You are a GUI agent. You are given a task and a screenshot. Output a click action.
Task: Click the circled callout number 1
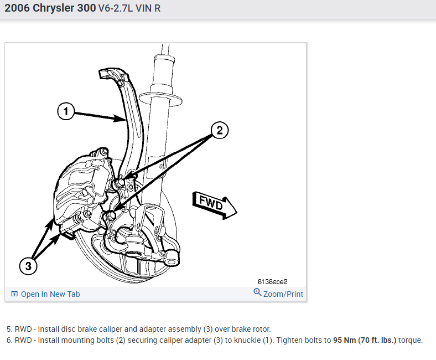(66, 112)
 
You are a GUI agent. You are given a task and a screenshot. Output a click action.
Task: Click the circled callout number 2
(219, 131)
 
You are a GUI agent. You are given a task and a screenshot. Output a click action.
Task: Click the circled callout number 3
(29, 266)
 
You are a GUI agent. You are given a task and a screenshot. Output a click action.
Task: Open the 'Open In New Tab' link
(50, 294)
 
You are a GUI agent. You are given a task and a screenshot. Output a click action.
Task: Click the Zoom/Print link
(283, 294)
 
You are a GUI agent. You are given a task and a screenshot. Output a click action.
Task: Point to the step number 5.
(9, 329)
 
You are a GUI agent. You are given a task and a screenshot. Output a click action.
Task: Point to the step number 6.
(9, 340)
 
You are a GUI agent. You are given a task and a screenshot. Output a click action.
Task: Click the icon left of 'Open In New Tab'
(15, 294)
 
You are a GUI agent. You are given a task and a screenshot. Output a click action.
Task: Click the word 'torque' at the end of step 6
(410, 340)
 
